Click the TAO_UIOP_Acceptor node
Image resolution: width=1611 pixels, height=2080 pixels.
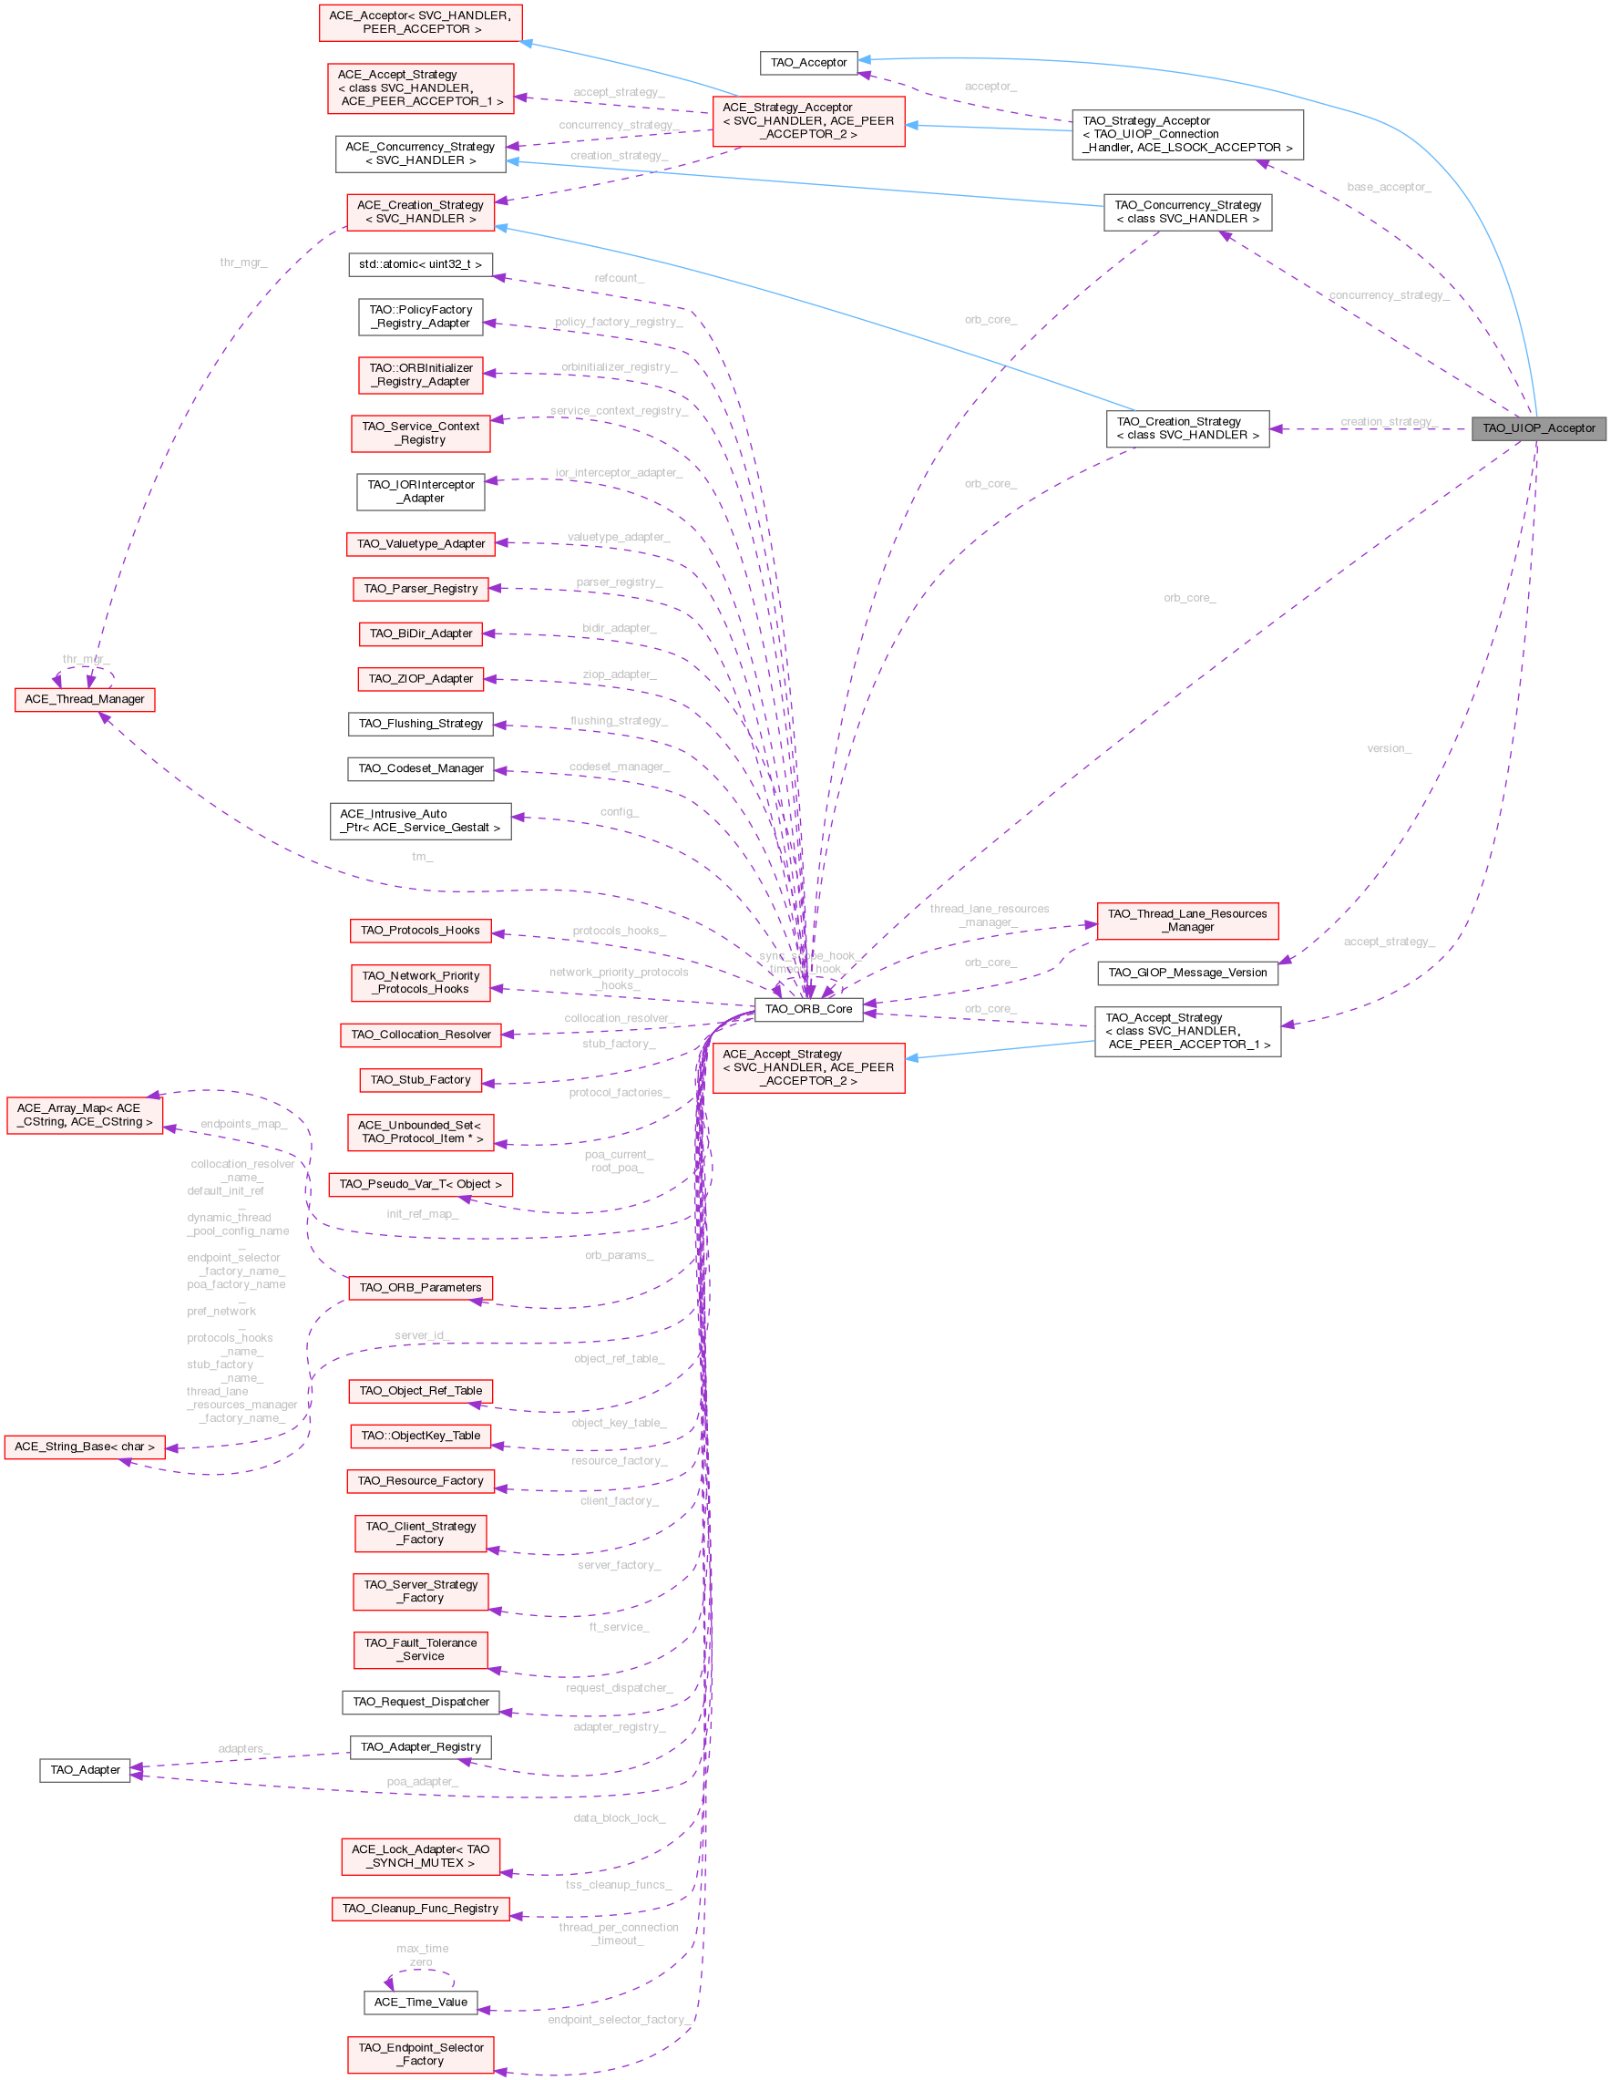(1539, 428)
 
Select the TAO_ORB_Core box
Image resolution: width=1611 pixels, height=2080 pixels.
(808, 1010)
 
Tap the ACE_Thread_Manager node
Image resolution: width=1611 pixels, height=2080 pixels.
(85, 699)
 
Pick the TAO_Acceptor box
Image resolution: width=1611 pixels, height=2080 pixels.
(808, 63)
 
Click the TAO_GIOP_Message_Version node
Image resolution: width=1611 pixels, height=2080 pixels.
(1187, 973)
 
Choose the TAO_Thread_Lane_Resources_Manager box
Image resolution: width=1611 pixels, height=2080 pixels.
(1187, 920)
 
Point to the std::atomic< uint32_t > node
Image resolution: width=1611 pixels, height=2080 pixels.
(420, 264)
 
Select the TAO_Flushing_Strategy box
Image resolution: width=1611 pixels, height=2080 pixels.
(420, 724)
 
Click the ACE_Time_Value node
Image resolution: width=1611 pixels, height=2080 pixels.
(420, 2002)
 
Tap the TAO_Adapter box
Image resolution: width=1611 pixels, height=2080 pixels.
(85, 1769)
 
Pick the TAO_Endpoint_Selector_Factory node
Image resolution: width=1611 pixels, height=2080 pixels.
(420, 2054)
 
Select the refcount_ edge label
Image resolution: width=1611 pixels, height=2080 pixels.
(619, 278)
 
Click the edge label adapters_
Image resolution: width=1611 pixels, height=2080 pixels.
(243, 1748)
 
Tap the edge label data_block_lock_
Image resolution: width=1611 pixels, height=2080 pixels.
(619, 1818)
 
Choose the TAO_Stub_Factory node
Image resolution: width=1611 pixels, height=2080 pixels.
(420, 1080)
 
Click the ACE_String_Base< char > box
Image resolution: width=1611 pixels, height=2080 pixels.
(85, 1447)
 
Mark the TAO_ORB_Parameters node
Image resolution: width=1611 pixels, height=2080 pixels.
(420, 1288)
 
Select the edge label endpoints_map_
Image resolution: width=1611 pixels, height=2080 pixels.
(243, 1125)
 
